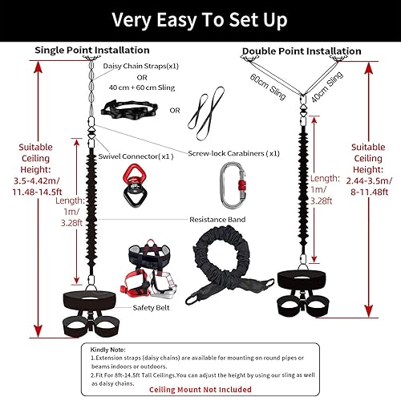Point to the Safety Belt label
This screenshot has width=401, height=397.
coord(130,306)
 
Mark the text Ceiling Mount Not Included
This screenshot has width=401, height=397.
coord(200,387)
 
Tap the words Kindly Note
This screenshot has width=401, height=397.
coord(108,349)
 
